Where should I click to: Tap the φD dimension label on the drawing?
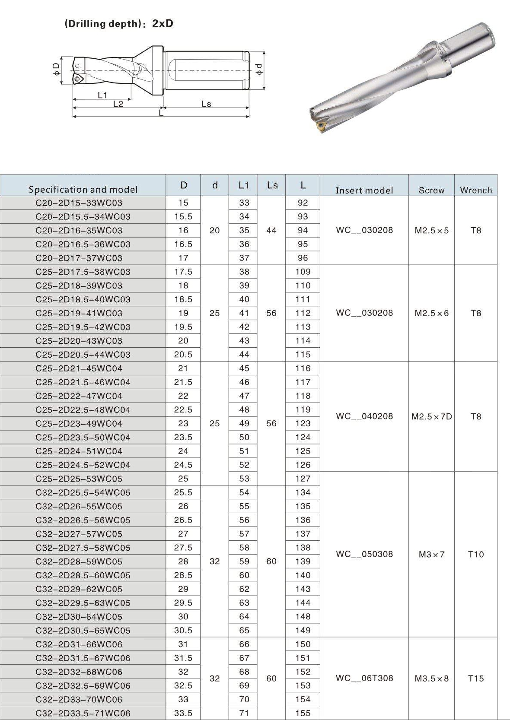(56, 70)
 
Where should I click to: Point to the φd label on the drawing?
(259, 70)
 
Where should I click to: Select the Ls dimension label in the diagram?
(207, 104)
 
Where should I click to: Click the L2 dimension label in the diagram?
(118, 104)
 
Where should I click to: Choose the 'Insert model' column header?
(364, 190)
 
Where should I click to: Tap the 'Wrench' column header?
(476, 190)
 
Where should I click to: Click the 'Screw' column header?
(431, 190)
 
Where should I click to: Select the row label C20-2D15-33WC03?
(79, 203)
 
